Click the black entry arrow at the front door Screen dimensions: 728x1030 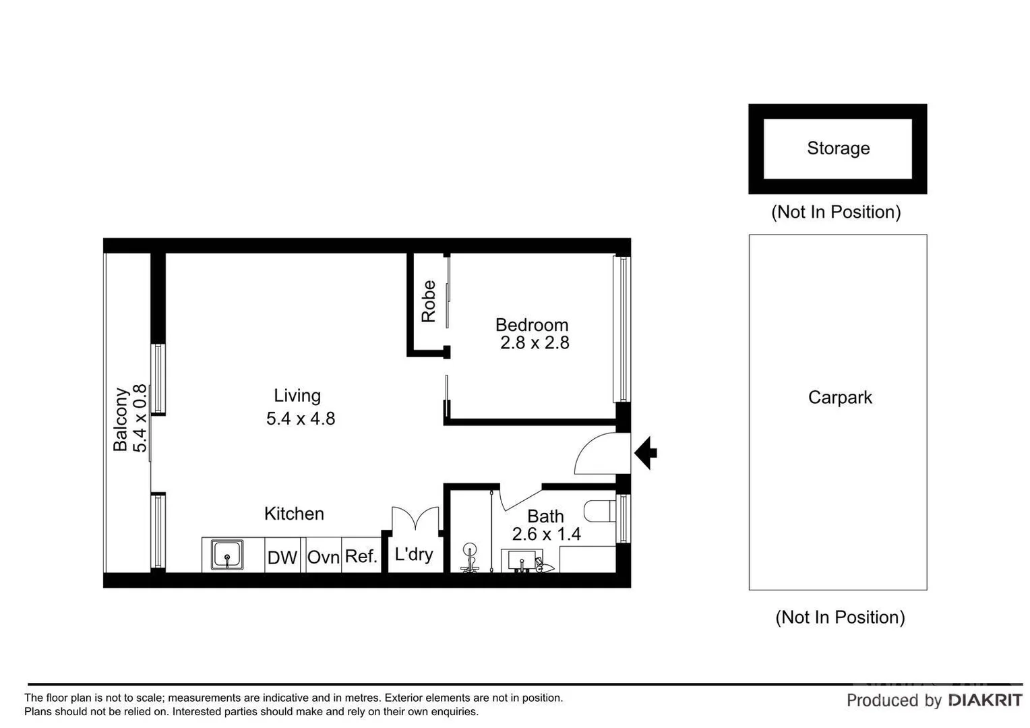(x=646, y=452)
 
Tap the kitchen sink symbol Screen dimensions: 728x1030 (x=227, y=555)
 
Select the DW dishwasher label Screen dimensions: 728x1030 (x=282, y=557)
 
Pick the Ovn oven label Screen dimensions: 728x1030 (x=323, y=557)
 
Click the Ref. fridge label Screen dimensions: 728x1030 (x=361, y=556)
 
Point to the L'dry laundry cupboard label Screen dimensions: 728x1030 (x=413, y=554)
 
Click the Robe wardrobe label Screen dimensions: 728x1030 (x=429, y=301)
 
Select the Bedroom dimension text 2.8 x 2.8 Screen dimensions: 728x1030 (x=535, y=343)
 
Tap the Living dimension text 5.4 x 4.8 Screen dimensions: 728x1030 (x=301, y=419)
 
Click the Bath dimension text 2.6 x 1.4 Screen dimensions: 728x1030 (x=546, y=535)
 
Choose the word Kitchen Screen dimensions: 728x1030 (x=294, y=514)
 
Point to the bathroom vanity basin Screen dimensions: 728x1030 (x=522, y=560)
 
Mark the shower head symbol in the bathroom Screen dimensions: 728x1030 (x=470, y=551)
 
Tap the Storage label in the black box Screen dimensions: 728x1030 (x=838, y=148)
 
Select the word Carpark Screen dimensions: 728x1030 (x=840, y=398)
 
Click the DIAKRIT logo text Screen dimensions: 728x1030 (x=985, y=700)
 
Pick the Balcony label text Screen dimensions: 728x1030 (x=121, y=419)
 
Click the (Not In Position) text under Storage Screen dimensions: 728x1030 (x=836, y=212)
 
